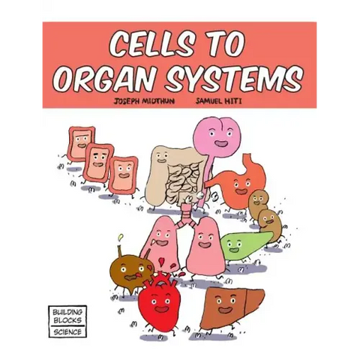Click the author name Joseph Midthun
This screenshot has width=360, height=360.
(x=142, y=100)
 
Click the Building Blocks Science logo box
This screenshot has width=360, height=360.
(x=67, y=321)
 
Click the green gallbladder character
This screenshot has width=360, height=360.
(x=243, y=243)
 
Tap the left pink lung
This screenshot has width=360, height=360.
(x=162, y=244)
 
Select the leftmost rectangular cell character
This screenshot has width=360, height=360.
(x=80, y=143)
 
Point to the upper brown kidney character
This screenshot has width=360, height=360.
(x=259, y=201)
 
